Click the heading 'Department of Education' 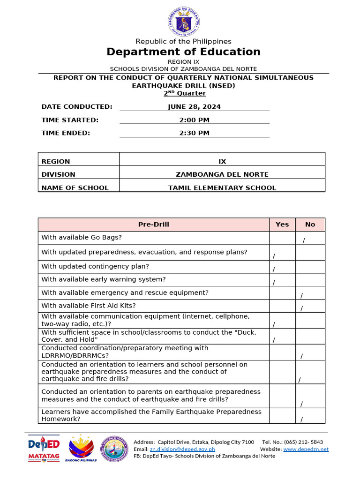tap(183, 52)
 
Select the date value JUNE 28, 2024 tap(194, 107)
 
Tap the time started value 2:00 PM tap(194, 120)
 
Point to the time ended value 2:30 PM tap(194, 133)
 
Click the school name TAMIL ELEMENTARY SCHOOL tap(222, 188)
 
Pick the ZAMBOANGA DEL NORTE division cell tap(222, 174)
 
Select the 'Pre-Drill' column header tap(154, 225)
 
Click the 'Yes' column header tap(282, 225)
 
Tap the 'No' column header tap(310, 225)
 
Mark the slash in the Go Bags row tap(304, 241)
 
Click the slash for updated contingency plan tap(274, 269)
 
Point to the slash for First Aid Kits tap(301, 308)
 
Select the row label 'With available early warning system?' tap(104, 279)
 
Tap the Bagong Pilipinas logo tap(83, 449)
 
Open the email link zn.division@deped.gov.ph tap(182, 449)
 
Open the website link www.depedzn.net tap(306, 449)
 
